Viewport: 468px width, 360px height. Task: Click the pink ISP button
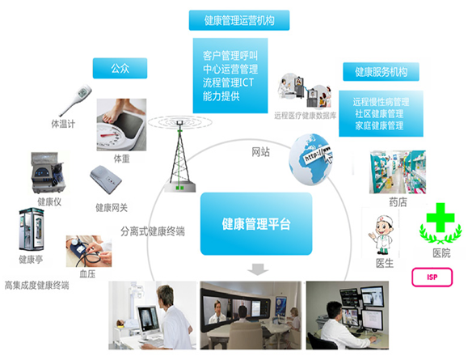tap(432, 277)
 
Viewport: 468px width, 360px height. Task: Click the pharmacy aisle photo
tap(397, 172)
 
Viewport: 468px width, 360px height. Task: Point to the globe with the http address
tap(310, 159)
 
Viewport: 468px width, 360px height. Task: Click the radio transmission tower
tap(179, 155)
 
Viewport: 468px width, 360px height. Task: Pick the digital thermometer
tap(75, 100)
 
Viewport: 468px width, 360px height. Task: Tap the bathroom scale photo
tap(121, 125)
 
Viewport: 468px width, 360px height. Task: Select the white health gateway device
tap(106, 180)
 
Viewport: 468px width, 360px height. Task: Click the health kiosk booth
tap(32, 230)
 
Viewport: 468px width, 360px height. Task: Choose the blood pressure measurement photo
tap(89, 252)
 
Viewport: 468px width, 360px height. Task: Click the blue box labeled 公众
tap(120, 69)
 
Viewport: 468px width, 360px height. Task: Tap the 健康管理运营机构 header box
tap(239, 20)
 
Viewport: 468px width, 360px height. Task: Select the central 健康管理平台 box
tap(256, 224)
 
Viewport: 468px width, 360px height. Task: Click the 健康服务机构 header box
tap(381, 72)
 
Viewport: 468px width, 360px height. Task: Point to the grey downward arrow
tap(258, 269)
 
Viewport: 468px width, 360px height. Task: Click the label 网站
tap(260, 152)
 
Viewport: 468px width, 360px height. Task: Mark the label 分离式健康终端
tap(153, 231)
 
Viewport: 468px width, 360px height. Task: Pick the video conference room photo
tap(251, 316)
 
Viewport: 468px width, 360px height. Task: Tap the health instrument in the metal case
tap(48, 172)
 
